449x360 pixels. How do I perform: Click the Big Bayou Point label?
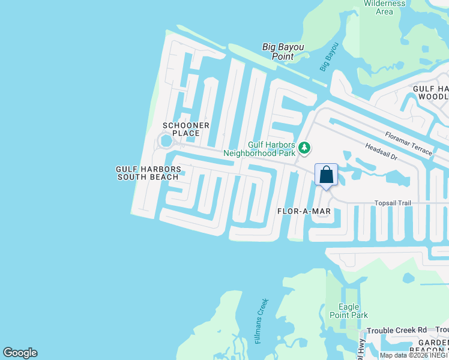(283, 52)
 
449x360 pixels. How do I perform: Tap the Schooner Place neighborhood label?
(186, 129)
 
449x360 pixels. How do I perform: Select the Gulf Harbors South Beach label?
(148, 173)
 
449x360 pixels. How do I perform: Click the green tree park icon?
(304, 148)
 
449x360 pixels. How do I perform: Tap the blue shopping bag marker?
(326, 175)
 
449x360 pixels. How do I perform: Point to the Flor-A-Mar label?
(304, 211)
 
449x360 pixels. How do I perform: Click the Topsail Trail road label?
(393, 203)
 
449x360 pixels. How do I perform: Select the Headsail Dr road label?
(381, 151)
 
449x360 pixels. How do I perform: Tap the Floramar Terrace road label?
(408, 143)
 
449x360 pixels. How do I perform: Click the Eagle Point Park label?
(349, 311)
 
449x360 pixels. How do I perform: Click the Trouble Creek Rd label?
(396, 331)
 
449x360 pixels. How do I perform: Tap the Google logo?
(20, 353)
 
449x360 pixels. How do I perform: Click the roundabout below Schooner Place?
(165, 142)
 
